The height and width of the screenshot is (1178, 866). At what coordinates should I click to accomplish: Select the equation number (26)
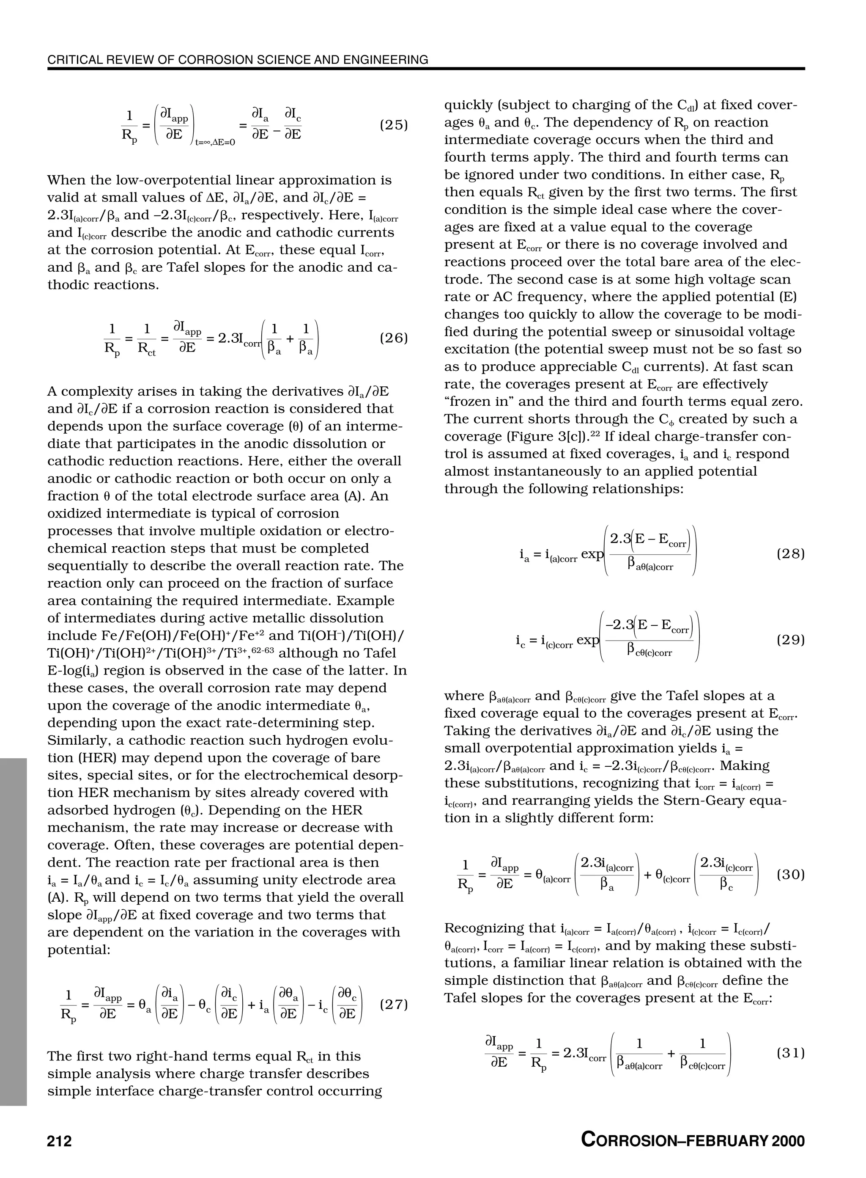[394, 339]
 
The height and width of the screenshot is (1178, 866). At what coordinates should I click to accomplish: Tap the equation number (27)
[394, 1005]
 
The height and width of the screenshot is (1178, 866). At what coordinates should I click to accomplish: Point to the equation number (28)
[790, 554]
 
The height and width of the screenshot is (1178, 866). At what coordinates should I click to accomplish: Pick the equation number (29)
[790, 640]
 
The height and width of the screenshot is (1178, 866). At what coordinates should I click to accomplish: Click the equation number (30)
[790, 875]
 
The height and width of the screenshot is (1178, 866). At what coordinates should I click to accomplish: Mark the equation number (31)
[790, 1053]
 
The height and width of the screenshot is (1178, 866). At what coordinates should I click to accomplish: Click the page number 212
[59, 1140]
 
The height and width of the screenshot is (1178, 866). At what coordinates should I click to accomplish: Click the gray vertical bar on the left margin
[13, 933]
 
